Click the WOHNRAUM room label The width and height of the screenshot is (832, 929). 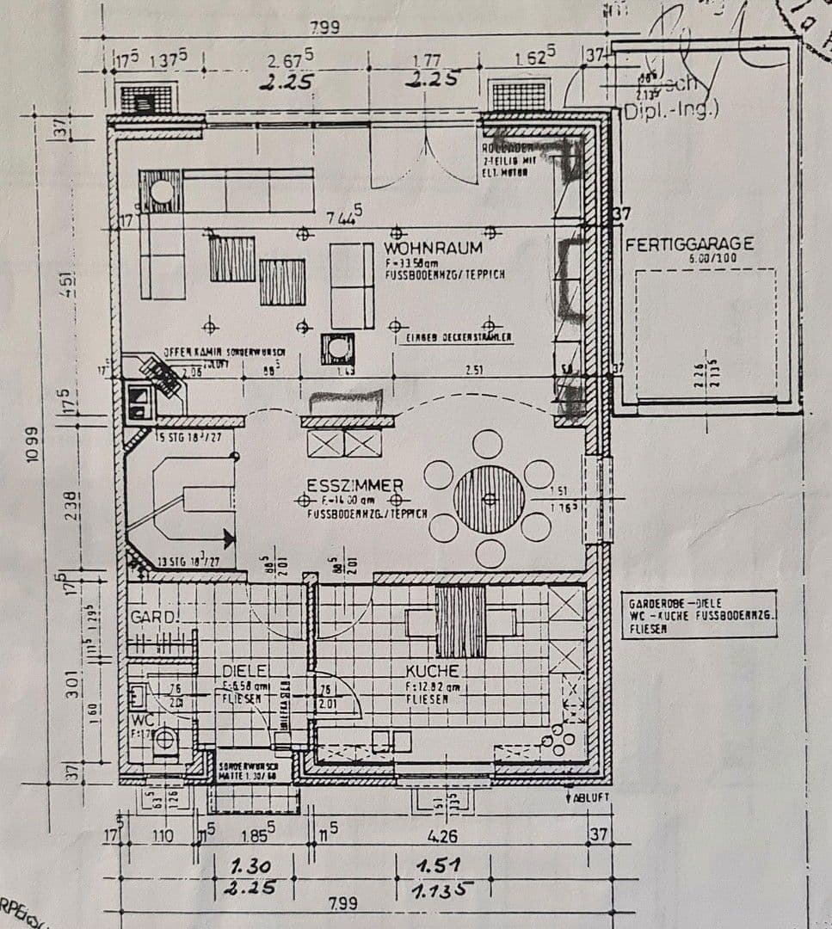[x=433, y=248]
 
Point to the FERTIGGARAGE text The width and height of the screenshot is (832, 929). [x=689, y=244]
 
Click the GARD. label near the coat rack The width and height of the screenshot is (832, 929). [x=152, y=618]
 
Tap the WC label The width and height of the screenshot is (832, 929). [x=141, y=719]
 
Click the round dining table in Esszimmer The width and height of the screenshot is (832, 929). [x=489, y=499]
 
